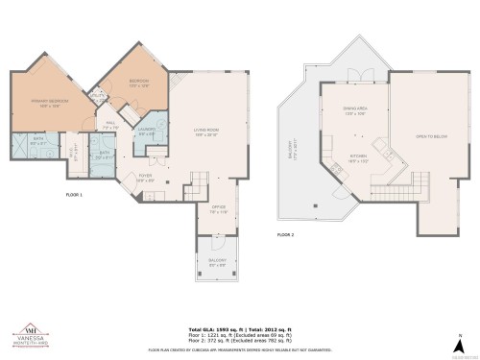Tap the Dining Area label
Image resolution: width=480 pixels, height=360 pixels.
pyautogui.click(x=354, y=111)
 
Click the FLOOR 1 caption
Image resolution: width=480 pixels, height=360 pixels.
pyautogui.click(x=74, y=195)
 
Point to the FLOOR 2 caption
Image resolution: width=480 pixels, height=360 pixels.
pyautogui.click(x=285, y=234)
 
